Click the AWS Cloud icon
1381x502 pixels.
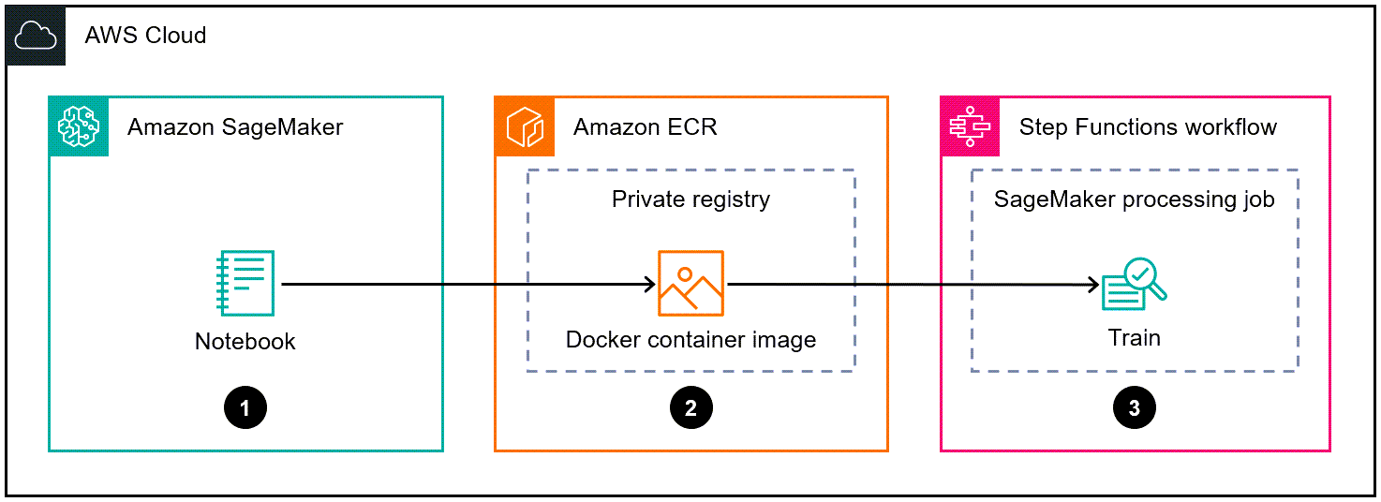pyautogui.click(x=36, y=36)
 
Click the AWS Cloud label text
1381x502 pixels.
pyautogui.click(x=145, y=37)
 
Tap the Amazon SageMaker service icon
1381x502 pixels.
pyautogui.click(x=79, y=126)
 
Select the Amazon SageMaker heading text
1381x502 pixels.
pyautogui.click(x=235, y=126)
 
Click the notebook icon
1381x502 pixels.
pyautogui.click(x=245, y=284)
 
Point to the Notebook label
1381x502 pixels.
pyautogui.click(x=245, y=342)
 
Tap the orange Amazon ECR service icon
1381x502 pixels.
pyautogui.click(x=525, y=126)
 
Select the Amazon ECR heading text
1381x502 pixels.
pyautogui.click(x=645, y=126)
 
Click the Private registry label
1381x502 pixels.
pyautogui.click(x=690, y=199)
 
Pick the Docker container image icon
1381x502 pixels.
pyautogui.click(x=690, y=284)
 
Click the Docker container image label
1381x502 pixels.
pyautogui.click(x=690, y=339)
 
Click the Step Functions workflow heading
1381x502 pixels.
pyautogui.click(x=1148, y=126)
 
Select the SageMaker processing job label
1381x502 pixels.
pyautogui.click(x=1134, y=199)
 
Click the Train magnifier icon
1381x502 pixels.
pyautogui.click(x=1135, y=285)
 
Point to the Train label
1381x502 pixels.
pyautogui.click(x=1135, y=337)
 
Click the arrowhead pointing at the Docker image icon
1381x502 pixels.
pyautogui.click(x=648, y=284)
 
